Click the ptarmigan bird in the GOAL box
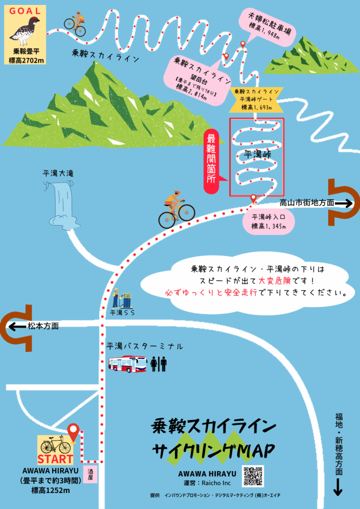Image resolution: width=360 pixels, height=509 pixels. [25, 31]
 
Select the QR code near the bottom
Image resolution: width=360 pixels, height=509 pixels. [253, 476]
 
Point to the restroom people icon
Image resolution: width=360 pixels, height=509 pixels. [159, 364]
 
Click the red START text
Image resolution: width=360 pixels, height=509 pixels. [55, 459]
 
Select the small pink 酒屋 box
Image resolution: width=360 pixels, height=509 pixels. [90, 474]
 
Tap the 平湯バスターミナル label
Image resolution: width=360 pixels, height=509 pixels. [145, 346]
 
